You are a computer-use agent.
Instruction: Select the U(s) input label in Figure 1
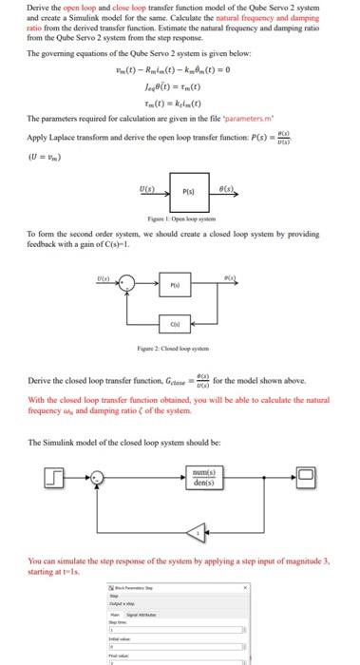point(150,186)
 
